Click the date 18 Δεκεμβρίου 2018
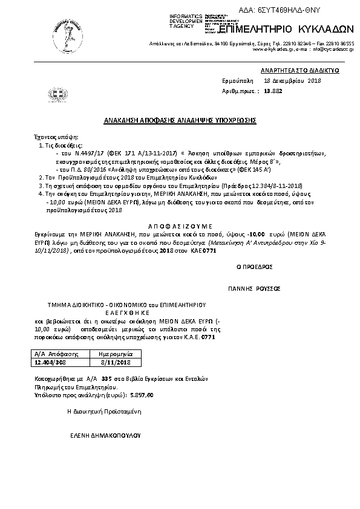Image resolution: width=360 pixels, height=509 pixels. (292, 80)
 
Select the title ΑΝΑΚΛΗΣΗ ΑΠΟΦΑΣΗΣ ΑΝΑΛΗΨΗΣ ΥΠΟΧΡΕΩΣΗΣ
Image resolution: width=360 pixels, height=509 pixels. (180, 120)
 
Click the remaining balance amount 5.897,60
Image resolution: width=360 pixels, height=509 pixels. (142, 394)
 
